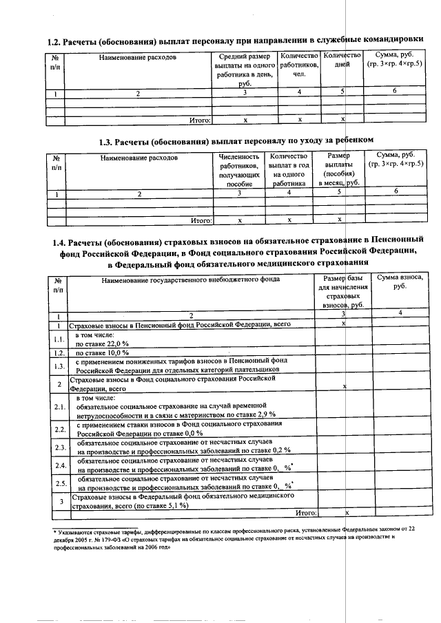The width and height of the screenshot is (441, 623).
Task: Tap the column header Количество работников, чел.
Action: click(298, 65)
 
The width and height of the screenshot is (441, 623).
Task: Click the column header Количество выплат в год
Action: click(289, 171)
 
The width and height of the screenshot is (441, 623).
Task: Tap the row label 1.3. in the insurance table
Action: click(60, 365)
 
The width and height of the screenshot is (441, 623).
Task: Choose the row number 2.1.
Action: click(60, 407)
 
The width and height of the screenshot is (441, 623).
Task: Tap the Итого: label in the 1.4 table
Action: click(305, 513)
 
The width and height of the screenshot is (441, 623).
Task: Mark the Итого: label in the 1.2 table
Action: click(200, 120)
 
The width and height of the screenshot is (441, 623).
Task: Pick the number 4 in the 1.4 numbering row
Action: click(399, 313)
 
